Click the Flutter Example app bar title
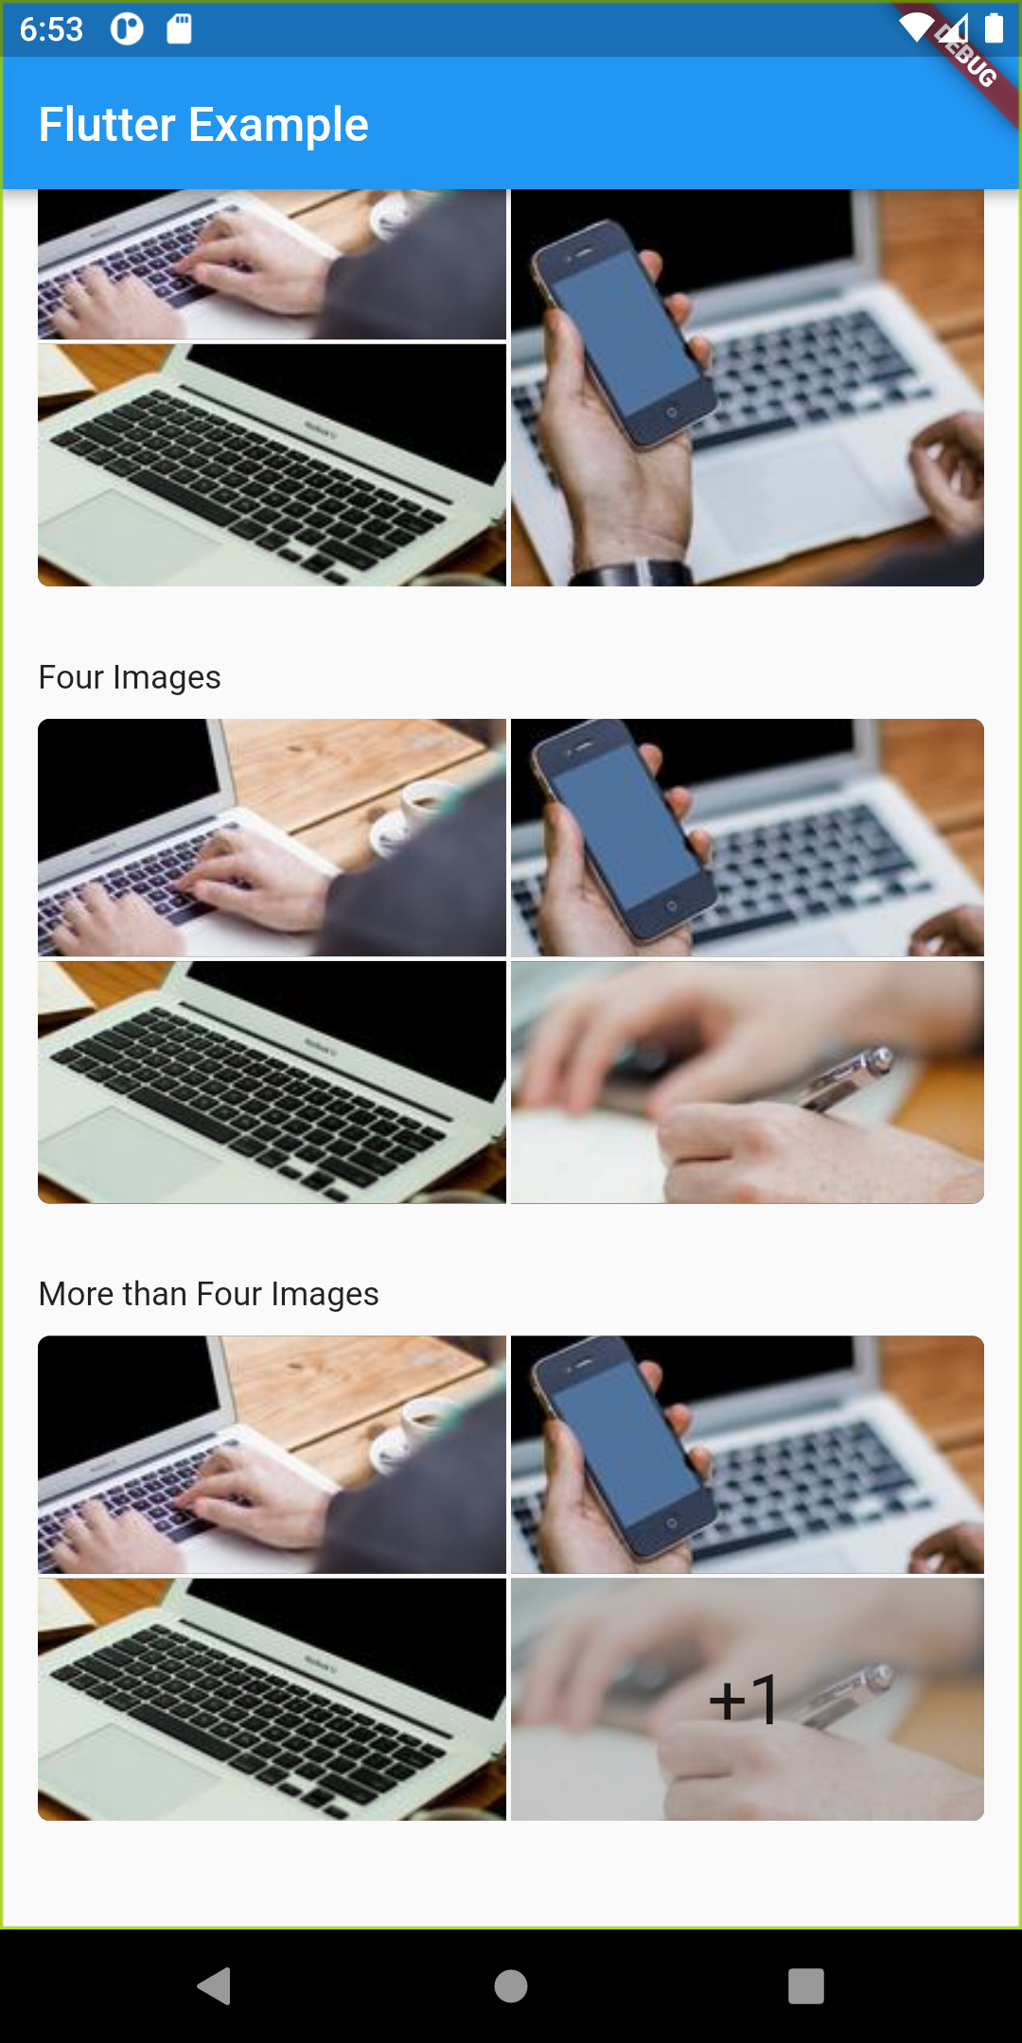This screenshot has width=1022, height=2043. click(203, 125)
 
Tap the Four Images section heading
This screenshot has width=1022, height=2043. click(130, 677)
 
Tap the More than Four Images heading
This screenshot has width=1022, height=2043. click(208, 1294)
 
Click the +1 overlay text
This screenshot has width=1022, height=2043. click(744, 1699)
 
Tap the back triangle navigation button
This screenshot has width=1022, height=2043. click(215, 1985)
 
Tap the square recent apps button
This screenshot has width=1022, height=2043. click(806, 1986)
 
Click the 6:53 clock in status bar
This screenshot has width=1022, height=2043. click(51, 29)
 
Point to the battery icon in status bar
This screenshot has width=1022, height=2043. click(994, 27)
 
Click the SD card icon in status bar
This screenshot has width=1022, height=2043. click(179, 28)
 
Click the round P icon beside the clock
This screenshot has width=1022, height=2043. click(127, 28)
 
